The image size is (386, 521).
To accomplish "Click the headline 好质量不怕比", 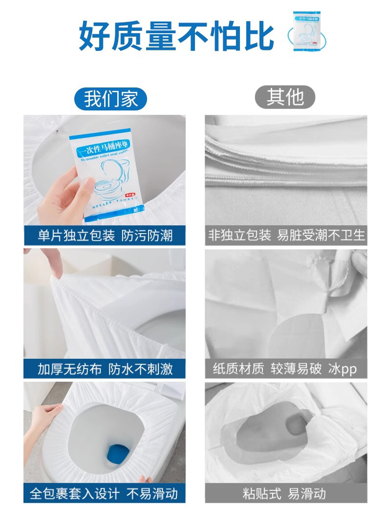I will coord(176,35).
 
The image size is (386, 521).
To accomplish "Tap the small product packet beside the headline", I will coord(309,31).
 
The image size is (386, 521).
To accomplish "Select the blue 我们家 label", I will coord(110,98).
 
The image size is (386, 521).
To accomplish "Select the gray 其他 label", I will coord(285,97).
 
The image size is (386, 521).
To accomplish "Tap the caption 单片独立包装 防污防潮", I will coord(105,236).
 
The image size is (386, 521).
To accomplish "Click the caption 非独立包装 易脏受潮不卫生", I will coord(286,236).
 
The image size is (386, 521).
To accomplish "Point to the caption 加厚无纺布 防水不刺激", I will coord(105,369).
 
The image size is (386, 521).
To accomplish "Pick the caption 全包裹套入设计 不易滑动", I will coord(105,493).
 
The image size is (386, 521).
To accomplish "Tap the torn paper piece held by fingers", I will coord(337,274).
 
